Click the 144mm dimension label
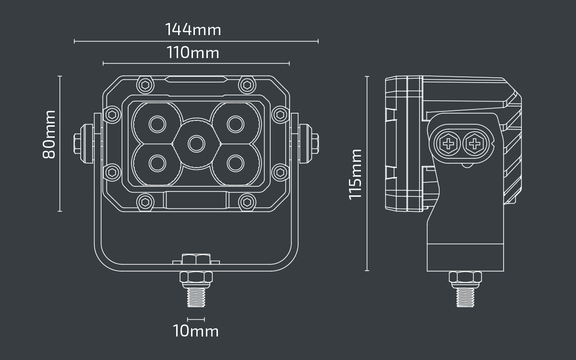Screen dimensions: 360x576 point(193,30)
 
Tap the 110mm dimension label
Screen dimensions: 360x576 point(193,52)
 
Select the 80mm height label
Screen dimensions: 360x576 point(49,134)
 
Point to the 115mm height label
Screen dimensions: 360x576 point(355,174)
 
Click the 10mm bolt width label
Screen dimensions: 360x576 point(196,331)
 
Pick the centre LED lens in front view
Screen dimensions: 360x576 point(195,143)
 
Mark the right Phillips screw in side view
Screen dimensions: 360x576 point(474,143)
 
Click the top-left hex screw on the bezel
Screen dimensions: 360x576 point(144,85)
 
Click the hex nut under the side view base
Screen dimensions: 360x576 point(465,277)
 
